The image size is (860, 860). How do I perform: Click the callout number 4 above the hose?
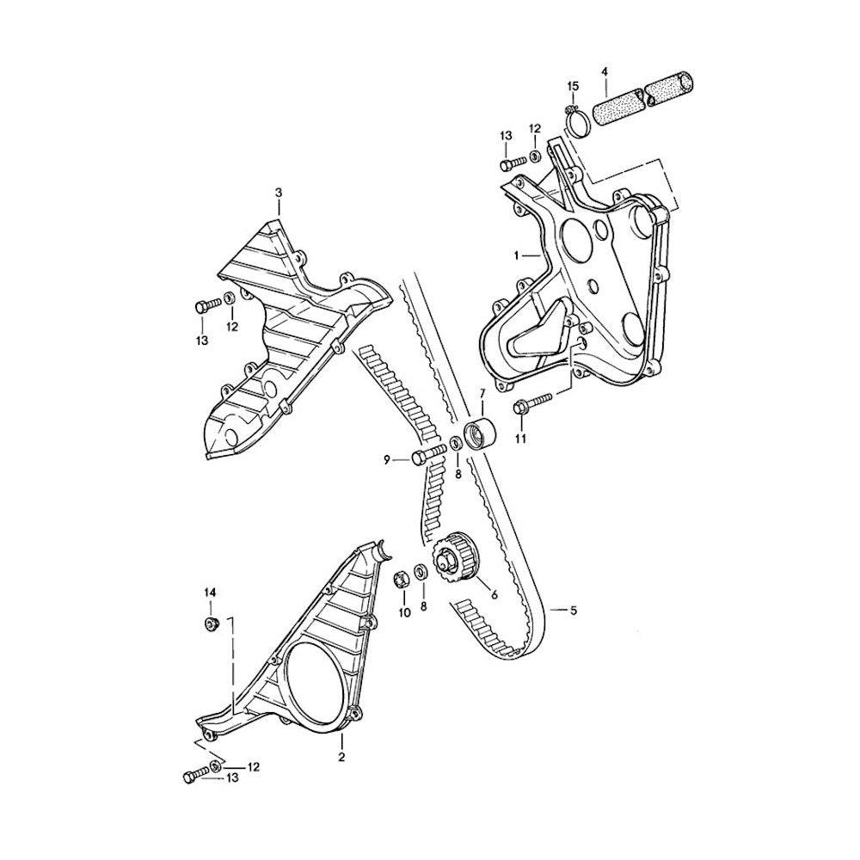605,71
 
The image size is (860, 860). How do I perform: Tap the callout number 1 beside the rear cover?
516,255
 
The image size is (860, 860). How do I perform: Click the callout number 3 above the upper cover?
279,193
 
